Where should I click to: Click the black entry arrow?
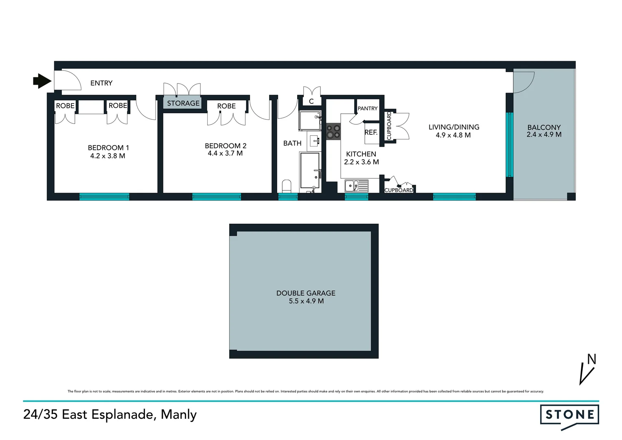point(42,81)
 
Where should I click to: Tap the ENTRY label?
point(101,83)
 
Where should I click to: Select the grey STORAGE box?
point(183,103)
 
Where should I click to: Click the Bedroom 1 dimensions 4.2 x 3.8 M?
point(107,156)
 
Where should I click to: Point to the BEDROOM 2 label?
point(226,145)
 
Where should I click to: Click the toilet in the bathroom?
point(287,186)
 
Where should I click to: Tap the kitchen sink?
point(356,186)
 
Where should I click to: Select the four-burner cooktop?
point(333,131)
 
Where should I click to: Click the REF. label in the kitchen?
point(371,132)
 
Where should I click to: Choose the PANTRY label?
point(368,108)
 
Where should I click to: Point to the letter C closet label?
point(311,101)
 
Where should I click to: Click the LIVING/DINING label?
point(454,127)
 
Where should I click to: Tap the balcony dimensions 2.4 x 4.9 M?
point(544,134)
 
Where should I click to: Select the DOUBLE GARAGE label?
point(306,293)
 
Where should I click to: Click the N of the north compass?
point(591,359)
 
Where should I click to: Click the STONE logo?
point(569,415)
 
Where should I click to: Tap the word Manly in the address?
point(179,414)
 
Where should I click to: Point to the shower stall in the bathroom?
point(310,121)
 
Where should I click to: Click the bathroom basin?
point(314,141)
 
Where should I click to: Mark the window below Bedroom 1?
point(104,197)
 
